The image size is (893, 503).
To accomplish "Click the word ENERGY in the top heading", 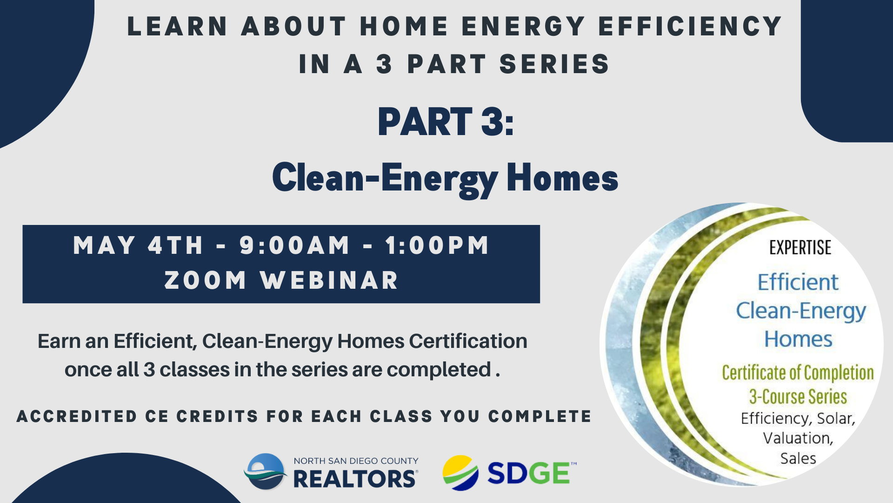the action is [523, 26].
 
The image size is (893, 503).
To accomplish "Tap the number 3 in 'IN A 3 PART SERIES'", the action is [384, 64].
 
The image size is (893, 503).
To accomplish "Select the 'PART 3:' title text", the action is [446, 122].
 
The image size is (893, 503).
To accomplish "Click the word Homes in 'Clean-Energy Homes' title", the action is [562, 177].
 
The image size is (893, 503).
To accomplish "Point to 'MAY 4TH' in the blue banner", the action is [138, 245].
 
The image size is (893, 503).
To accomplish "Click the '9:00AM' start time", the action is [294, 245].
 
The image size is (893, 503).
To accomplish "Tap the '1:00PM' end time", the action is [437, 245].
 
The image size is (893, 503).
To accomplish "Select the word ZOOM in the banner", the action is [205, 280].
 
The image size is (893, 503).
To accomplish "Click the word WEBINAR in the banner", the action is [329, 280].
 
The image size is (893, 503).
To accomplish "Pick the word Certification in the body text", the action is [468, 341].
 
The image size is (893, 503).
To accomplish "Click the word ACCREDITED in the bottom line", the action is [77, 416].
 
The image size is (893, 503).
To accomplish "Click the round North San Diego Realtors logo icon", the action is [266, 471].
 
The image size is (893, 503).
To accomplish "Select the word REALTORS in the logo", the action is [355, 479].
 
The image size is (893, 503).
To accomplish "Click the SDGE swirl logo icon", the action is [460, 473].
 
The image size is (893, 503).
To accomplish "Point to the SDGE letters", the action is [529, 474].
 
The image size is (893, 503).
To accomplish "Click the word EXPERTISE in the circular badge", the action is [800, 248].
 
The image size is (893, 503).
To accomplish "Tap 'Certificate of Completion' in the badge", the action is [798, 373].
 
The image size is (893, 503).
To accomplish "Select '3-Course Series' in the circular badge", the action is [798, 397].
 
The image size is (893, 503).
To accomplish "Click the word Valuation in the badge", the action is [797, 438].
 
